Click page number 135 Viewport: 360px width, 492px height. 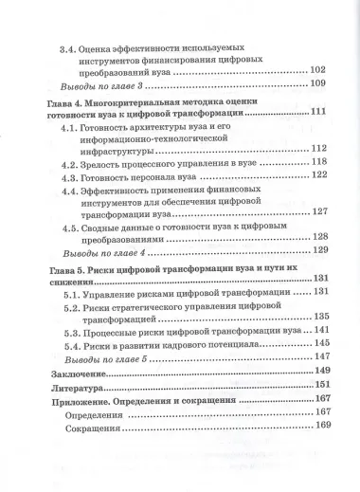pos(319,318)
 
